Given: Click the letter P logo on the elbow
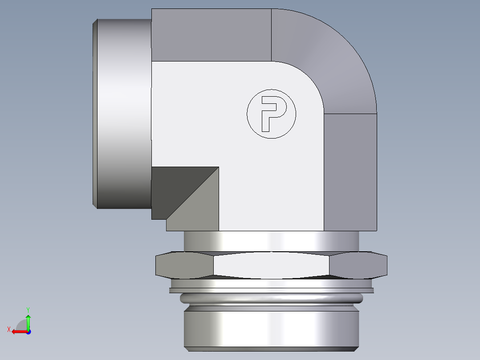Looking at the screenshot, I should [271, 114].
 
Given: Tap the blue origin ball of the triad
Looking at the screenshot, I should [28, 331].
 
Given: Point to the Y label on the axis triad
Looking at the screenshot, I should [28, 309].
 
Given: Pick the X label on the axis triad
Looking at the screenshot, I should [8, 329].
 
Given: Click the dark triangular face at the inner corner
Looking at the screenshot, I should [174, 187].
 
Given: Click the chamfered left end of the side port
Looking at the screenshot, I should [95, 114].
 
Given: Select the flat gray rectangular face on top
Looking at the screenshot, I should [212, 35].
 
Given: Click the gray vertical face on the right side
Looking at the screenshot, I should [350, 172].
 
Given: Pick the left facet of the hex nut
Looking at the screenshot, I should [184, 265].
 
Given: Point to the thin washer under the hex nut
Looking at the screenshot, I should [271, 290].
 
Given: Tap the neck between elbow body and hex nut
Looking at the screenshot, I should [271, 241].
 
